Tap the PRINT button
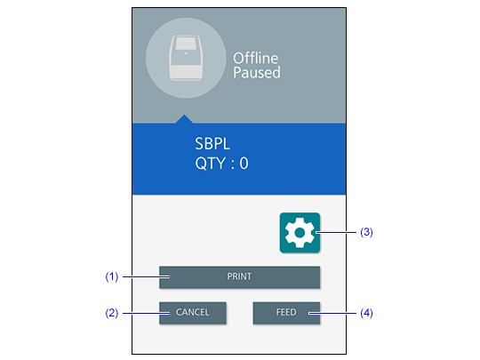point(239,277)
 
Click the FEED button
point(286,313)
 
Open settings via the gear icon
point(300,233)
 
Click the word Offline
point(256,58)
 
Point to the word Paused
point(257,73)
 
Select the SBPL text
point(212,144)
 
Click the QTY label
point(211,164)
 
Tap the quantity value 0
point(244,164)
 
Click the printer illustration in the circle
point(186,58)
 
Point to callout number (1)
point(112,276)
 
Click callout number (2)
point(112,313)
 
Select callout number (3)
point(366,232)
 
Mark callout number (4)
point(366,313)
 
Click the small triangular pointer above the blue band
point(184,119)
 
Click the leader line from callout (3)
point(336,233)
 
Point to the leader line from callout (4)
point(332,313)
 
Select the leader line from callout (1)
point(147,276)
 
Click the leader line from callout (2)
point(147,313)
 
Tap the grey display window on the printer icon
point(186,44)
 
